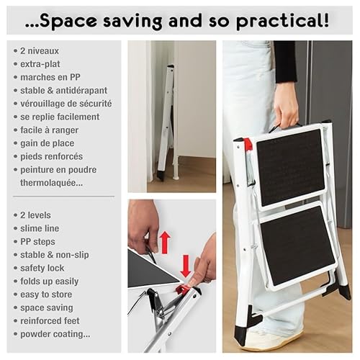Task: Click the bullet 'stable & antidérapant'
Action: [x=63, y=90]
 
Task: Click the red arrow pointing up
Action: [x=164, y=241]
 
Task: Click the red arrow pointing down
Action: [x=185, y=266]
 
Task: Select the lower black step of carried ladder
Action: [x=297, y=247]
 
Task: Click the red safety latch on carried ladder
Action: [x=248, y=144]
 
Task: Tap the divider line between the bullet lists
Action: [x=63, y=196]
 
